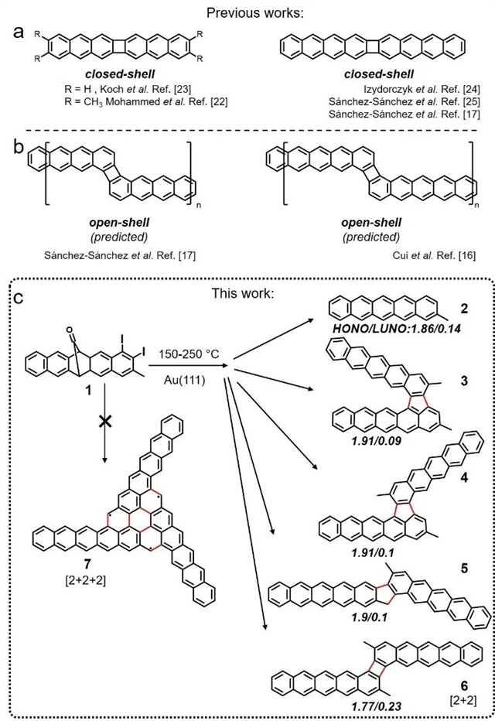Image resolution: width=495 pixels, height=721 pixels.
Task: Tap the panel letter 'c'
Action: click(x=21, y=296)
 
